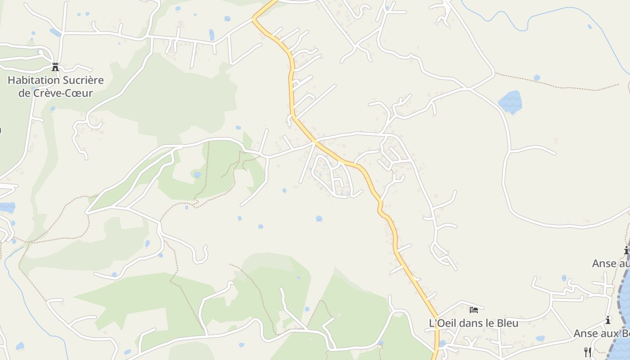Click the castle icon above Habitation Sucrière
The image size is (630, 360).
coord(55,67)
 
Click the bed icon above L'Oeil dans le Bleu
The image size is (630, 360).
coord(473,310)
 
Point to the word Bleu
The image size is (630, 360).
coord(507,323)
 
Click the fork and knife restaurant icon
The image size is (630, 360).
coord(587,351)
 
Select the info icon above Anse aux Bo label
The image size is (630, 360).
coord(608,320)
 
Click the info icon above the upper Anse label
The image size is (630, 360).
coord(626,251)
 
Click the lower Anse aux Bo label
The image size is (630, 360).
coord(601,333)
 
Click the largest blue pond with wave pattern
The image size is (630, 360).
coord(510,102)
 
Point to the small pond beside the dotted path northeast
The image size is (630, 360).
coord(536,78)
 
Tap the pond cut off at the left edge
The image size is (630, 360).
coord(7,207)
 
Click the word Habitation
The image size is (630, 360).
coord(34,81)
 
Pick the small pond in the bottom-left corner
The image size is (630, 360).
coord(19,346)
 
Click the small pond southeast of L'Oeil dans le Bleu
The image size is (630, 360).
coord(540,338)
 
